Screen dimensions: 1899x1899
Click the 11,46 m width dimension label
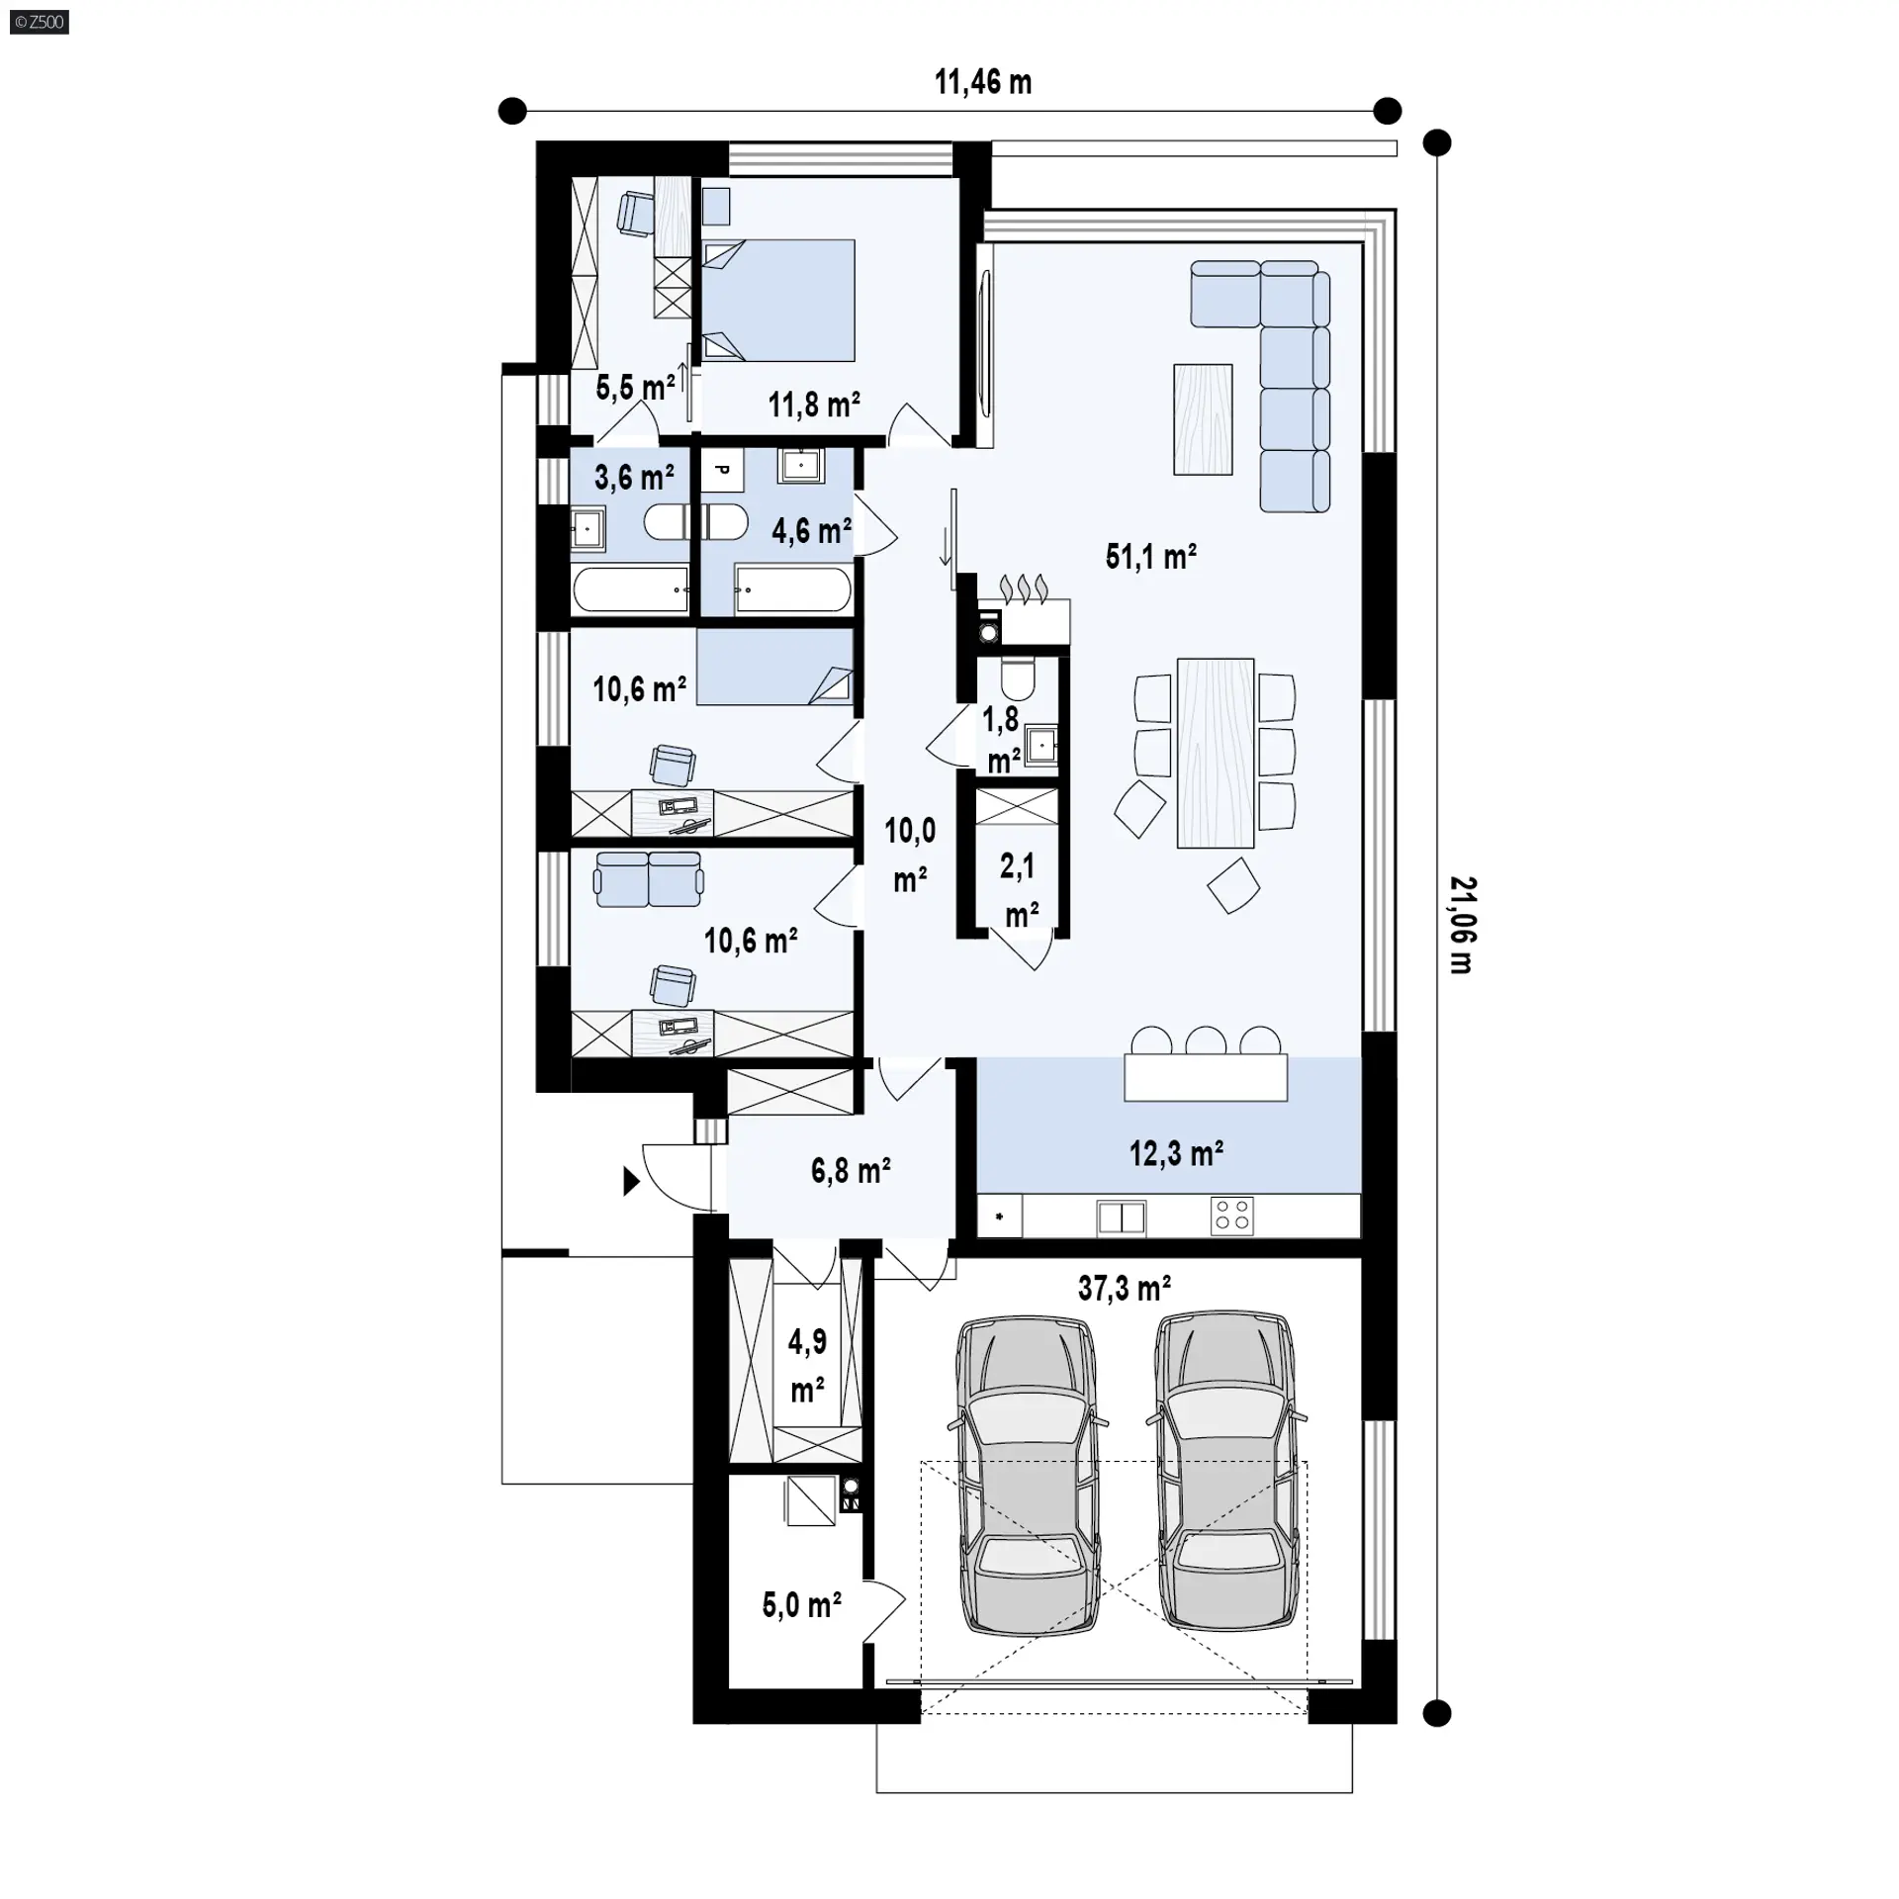983,82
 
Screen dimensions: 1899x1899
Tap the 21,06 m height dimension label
1462,925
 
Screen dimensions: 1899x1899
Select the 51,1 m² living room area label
1151,557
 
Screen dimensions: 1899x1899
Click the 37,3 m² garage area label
1125,1288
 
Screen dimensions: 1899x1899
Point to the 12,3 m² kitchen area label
1177,1153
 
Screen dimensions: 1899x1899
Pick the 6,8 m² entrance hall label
851,1171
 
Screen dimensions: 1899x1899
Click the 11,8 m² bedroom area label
814,405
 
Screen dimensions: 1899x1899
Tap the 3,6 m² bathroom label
634,478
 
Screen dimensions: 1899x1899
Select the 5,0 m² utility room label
802,1604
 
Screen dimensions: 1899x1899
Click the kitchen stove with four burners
1232,1216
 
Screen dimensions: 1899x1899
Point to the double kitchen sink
1122,1218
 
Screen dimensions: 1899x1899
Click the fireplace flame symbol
1024,588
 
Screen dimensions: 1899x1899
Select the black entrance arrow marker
631,1181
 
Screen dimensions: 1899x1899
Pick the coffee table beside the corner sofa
1203,419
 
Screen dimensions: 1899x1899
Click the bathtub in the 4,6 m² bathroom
793,590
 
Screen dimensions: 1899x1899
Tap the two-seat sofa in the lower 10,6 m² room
649,879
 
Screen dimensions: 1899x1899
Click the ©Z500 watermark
40,22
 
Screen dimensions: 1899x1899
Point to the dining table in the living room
1216,754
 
